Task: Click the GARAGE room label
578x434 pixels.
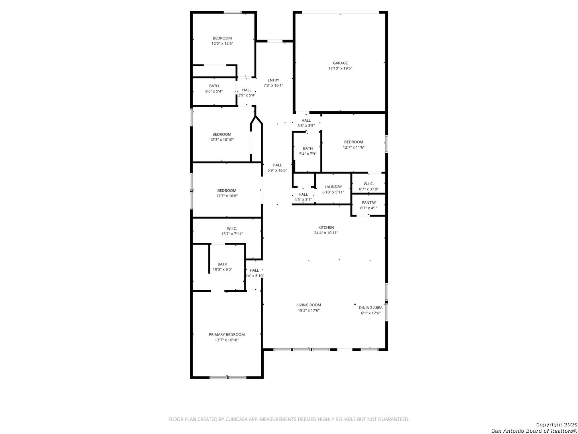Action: [x=340, y=63]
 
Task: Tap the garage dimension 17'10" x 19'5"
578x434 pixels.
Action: [x=340, y=68]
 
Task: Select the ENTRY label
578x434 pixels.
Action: [x=273, y=80]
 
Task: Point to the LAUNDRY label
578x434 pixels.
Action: [x=333, y=187]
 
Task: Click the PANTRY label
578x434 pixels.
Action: [x=368, y=203]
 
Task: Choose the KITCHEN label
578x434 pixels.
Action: [x=326, y=227]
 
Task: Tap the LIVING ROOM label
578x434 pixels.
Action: [x=309, y=305]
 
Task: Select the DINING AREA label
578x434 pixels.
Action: [x=370, y=307]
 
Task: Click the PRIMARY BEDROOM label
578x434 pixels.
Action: [x=227, y=335]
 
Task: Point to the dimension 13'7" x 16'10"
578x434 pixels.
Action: [x=227, y=340]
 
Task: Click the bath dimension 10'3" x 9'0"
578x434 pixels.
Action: [x=222, y=269]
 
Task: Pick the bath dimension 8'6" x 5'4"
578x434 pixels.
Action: [x=214, y=91]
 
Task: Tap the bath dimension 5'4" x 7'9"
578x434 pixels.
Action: [x=307, y=154]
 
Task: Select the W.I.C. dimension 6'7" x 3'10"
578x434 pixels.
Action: [x=368, y=189]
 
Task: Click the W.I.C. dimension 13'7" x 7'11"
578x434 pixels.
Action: [x=232, y=234]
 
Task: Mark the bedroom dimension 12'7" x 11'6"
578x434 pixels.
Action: [x=353, y=147]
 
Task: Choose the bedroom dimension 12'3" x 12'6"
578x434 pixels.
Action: [x=222, y=43]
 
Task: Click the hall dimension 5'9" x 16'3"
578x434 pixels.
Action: [x=277, y=170]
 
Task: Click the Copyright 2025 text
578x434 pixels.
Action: [x=556, y=424]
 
